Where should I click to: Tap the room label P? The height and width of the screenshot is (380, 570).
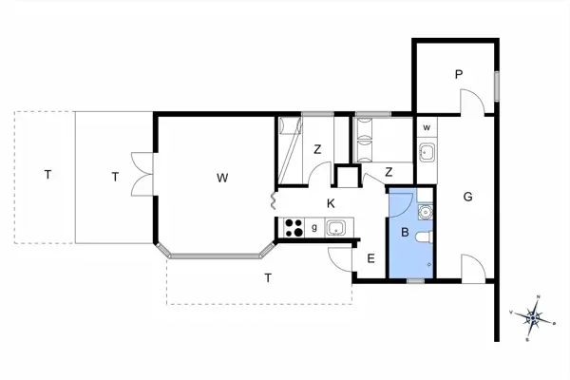click(457, 74)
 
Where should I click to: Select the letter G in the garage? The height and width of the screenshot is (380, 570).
click(468, 197)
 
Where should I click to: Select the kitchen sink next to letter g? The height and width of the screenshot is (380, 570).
click(336, 228)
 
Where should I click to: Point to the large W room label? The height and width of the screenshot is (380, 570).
click(221, 178)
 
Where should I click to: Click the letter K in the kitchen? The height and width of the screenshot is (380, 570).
click(331, 203)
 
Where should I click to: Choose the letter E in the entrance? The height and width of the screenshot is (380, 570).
click(370, 257)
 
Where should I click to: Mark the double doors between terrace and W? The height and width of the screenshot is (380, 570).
click(142, 176)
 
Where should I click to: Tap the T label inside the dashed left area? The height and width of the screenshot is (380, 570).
click(46, 175)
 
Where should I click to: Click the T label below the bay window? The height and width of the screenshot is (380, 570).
click(268, 277)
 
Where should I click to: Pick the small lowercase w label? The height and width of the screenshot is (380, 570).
click(427, 127)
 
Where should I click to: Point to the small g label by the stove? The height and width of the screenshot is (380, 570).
click(314, 228)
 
